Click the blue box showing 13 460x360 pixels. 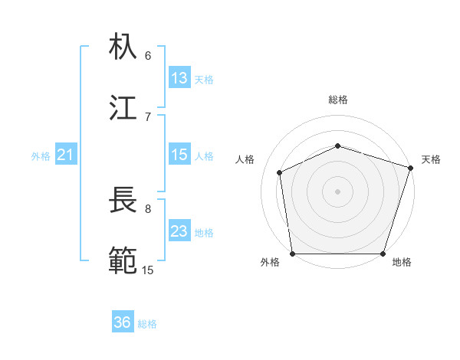point(179,78)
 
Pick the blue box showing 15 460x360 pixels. point(179,155)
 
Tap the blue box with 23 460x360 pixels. point(179,231)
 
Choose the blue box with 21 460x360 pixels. point(65,155)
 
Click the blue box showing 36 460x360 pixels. point(123,322)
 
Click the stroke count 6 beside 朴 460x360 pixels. point(148,55)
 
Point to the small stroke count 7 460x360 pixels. point(148,116)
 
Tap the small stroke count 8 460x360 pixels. point(148,208)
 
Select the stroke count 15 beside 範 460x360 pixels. point(148,270)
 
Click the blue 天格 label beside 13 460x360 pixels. point(204,79)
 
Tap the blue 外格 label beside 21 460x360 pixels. point(41,155)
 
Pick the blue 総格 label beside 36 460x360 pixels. point(148,323)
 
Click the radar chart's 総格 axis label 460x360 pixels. point(338,100)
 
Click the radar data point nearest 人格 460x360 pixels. point(280,172)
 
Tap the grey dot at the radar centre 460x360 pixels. point(338,191)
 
